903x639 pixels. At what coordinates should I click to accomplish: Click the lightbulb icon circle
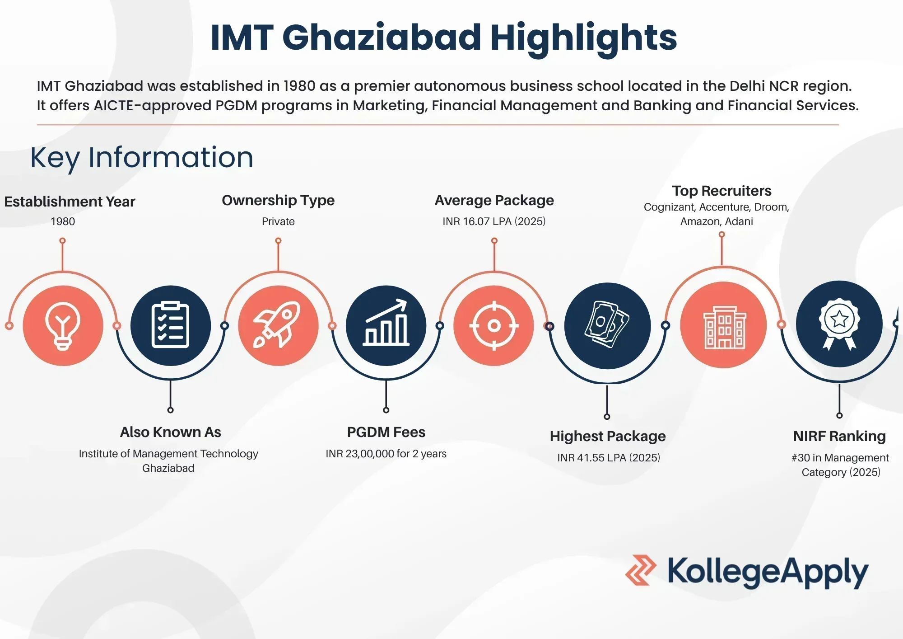(x=63, y=325)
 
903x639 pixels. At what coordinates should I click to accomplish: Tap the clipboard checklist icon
(x=170, y=325)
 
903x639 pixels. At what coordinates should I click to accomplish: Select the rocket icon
(x=278, y=325)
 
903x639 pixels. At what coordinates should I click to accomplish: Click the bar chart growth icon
(x=386, y=325)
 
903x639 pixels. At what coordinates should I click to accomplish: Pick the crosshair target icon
(x=493, y=325)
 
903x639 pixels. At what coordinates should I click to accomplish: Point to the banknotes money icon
(x=607, y=325)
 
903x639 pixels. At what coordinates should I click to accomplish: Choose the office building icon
(x=723, y=325)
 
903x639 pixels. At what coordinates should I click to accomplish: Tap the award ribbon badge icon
(x=839, y=324)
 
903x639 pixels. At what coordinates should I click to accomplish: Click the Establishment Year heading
(x=70, y=202)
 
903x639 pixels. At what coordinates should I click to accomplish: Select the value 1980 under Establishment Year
(x=63, y=221)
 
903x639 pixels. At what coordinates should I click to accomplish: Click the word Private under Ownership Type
(x=278, y=221)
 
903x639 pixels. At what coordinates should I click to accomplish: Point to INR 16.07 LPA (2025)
(x=494, y=221)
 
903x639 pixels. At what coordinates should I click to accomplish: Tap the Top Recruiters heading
(x=721, y=191)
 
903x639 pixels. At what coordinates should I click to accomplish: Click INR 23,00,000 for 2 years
(x=386, y=454)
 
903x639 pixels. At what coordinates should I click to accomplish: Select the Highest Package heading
(x=608, y=436)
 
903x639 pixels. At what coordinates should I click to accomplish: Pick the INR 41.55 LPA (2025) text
(x=609, y=458)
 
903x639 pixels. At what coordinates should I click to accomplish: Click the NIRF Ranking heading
(x=839, y=436)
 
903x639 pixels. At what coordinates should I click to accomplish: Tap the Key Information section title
(x=142, y=158)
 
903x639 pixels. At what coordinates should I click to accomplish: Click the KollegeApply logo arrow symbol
(x=640, y=570)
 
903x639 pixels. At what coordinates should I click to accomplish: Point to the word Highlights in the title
(x=583, y=38)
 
